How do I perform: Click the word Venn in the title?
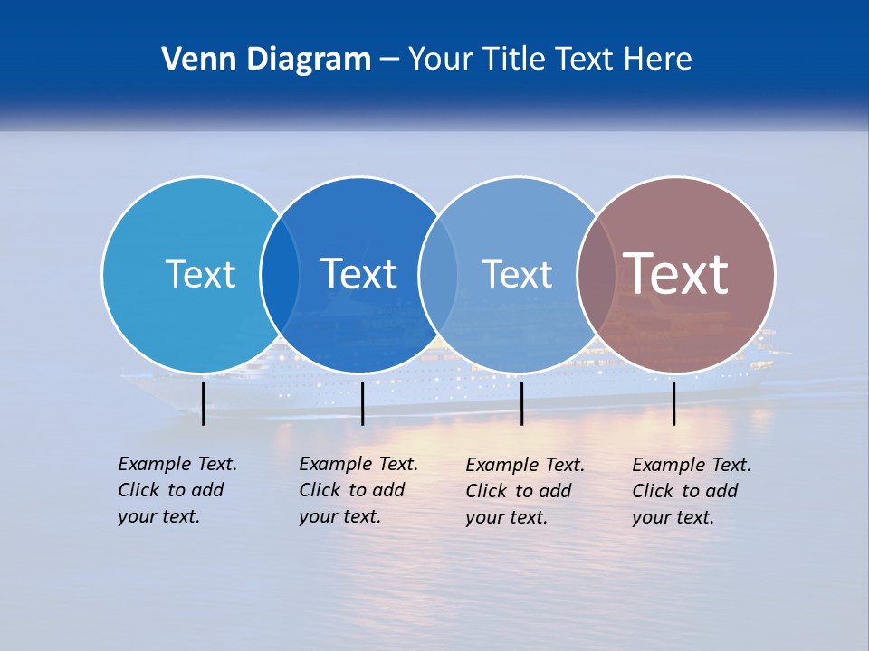pos(191,60)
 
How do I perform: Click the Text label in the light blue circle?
pos(200,274)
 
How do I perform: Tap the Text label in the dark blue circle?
pos(358,274)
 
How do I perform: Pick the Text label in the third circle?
pos(517,274)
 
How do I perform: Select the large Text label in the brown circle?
pos(676,273)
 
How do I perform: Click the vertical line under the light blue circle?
pos(203,403)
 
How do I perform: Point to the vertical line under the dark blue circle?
pos(362,403)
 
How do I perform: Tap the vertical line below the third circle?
pos(521,403)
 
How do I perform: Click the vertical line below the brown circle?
pos(673,403)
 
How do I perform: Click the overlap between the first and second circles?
pos(280,275)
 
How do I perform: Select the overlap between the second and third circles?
pos(438,275)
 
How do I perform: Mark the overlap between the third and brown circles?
pos(597,275)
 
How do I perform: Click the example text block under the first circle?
pos(177,490)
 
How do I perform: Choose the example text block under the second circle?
pos(358,490)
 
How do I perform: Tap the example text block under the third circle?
pos(525,491)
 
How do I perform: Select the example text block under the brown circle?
pos(692,491)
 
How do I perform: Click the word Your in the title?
pos(441,60)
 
